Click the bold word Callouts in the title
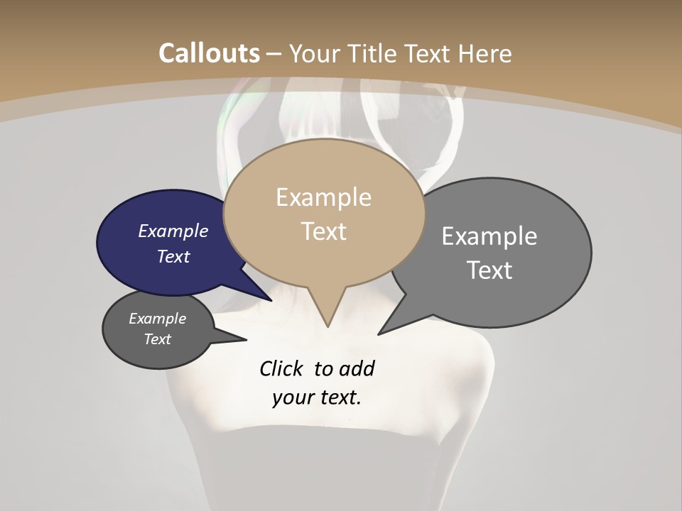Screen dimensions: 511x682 pyautogui.click(x=209, y=53)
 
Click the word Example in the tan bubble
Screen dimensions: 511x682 pyautogui.click(x=323, y=197)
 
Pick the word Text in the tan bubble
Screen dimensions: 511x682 pyautogui.click(x=324, y=231)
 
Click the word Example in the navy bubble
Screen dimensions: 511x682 pyautogui.click(x=173, y=231)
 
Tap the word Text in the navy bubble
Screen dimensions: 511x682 pyautogui.click(x=173, y=256)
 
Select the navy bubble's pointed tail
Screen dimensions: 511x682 pyautogui.click(x=269, y=299)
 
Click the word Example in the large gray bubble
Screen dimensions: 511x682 pyautogui.click(x=489, y=236)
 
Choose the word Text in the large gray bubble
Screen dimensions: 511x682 pyautogui.click(x=490, y=270)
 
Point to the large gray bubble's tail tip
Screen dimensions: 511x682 pyautogui.click(x=380, y=333)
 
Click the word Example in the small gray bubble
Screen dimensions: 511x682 pyautogui.click(x=157, y=319)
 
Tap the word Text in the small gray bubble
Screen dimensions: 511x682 pyautogui.click(x=157, y=339)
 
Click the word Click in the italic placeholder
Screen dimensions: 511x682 pyautogui.click(x=281, y=368)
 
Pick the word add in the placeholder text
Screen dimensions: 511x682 pyautogui.click(x=357, y=368)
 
